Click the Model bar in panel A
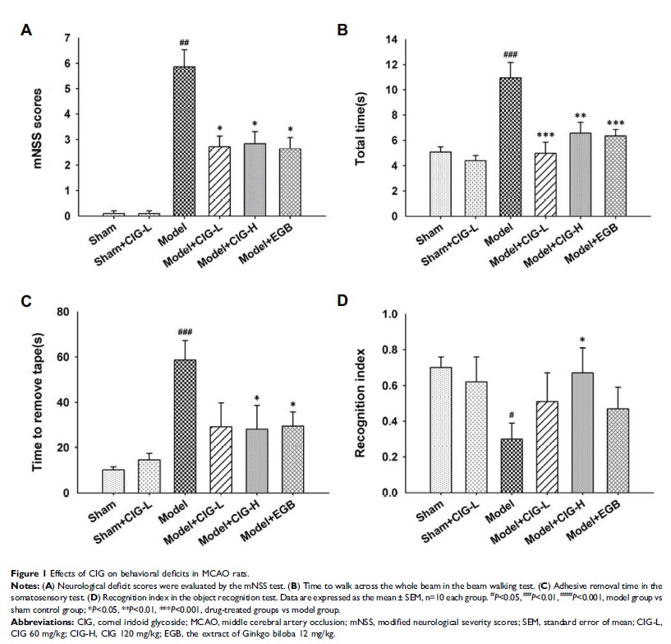184,141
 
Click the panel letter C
26,302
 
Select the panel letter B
342,31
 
